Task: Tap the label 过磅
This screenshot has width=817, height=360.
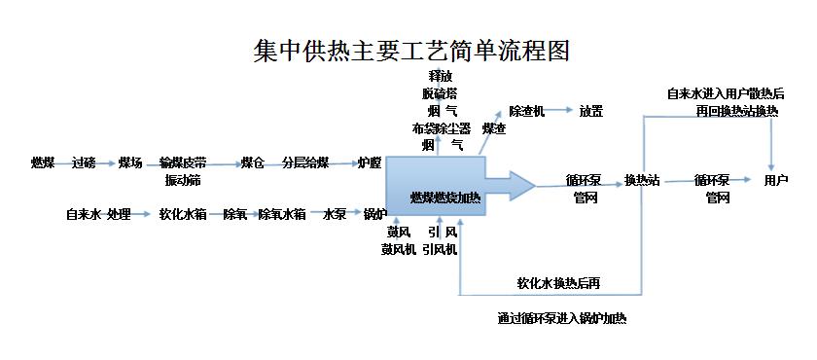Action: [x=84, y=162]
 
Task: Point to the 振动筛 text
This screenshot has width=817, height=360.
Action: [x=183, y=180]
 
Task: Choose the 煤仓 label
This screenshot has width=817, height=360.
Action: [x=253, y=162]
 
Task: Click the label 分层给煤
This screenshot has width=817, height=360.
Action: [x=305, y=162]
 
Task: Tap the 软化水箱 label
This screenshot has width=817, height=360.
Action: [x=182, y=214]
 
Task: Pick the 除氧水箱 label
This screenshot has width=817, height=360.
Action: [x=282, y=214]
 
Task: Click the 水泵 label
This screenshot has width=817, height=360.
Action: [x=335, y=214]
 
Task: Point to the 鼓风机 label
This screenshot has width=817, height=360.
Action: [x=399, y=248]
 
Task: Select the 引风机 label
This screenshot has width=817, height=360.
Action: [x=440, y=248]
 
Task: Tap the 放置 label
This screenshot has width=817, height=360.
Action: [x=591, y=111]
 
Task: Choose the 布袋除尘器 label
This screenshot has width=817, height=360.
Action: [x=441, y=127]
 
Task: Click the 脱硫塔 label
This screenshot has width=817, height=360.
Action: [x=440, y=93]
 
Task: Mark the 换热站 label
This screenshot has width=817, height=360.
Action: [x=642, y=180]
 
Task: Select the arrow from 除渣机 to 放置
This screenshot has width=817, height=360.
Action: [x=558, y=111]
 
